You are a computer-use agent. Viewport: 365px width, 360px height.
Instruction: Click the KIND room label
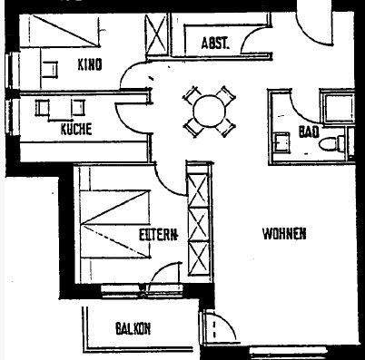tap(88, 64)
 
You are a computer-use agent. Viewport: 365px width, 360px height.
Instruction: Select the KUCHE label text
tap(76, 129)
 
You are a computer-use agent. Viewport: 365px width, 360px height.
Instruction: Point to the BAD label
tap(307, 132)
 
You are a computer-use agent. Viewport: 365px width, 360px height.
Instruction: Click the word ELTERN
tap(157, 234)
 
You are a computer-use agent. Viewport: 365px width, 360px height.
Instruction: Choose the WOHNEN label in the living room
tap(283, 233)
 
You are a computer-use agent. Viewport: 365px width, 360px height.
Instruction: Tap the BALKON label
tap(133, 328)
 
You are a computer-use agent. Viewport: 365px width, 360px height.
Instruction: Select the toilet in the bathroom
tap(339, 142)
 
